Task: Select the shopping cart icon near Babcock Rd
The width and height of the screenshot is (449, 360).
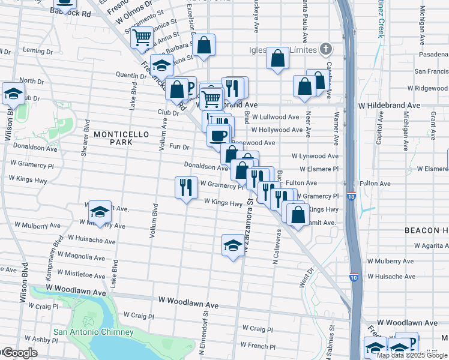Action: (142, 37)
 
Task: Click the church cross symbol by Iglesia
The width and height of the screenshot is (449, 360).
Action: (325, 48)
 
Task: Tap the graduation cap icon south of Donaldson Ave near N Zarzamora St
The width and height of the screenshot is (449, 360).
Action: (233, 245)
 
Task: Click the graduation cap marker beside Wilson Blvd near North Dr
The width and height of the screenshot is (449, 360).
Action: (13, 94)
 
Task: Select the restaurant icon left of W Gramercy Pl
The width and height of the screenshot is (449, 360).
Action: (186, 187)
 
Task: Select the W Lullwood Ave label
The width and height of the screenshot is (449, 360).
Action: (276, 117)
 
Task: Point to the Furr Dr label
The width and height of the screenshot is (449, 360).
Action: (179, 146)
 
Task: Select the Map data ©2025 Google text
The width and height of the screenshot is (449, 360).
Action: (412, 355)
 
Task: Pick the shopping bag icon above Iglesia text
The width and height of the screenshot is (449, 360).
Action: (277, 59)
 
